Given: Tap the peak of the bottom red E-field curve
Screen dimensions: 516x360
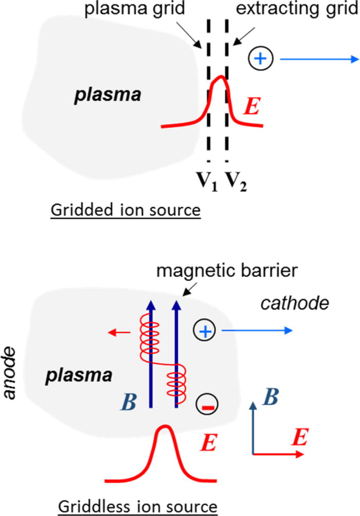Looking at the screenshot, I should pyautogui.click(x=165, y=426).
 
